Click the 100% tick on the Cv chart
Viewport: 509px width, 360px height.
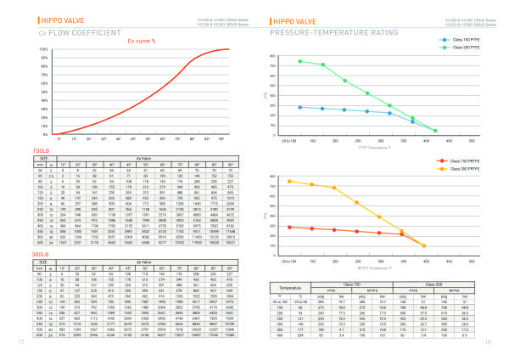coord(43,48)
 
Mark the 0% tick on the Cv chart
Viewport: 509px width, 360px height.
coord(44,134)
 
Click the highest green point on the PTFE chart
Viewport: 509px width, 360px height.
coord(301,61)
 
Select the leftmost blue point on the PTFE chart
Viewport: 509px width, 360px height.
coord(301,107)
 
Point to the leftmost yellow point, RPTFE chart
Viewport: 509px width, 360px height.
coord(290,181)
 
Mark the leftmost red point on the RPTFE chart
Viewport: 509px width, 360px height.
coord(290,228)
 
